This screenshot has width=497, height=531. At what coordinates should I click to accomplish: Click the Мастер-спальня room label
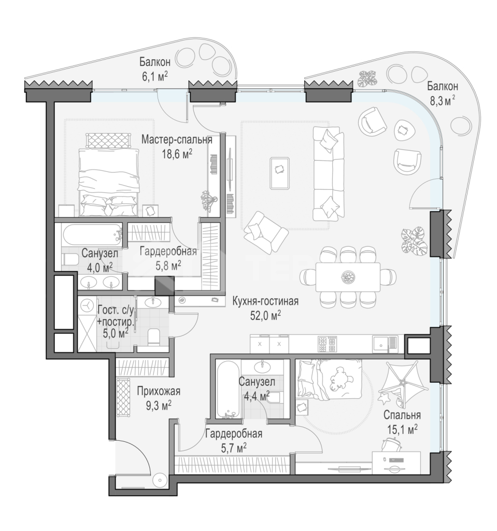click(177, 139)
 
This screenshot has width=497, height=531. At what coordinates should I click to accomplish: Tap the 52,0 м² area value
click(266, 315)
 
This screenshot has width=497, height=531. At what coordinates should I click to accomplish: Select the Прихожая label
click(159, 392)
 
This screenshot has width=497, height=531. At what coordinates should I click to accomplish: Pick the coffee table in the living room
click(280, 173)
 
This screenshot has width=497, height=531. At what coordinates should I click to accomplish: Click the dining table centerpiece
click(348, 276)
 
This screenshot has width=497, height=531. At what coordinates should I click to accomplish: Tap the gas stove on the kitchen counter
click(328, 344)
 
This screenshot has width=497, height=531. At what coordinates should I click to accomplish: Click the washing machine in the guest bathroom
click(88, 305)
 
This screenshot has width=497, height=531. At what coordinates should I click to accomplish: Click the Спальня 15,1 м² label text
click(402, 422)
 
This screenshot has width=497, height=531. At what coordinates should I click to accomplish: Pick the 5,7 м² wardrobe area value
click(234, 449)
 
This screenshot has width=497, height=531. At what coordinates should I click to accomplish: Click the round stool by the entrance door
click(159, 480)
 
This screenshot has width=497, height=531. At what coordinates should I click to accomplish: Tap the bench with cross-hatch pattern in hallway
click(123, 398)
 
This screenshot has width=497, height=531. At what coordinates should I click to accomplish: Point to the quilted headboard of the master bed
click(109, 139)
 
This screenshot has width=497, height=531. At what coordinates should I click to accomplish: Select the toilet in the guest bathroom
click(154, 337)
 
